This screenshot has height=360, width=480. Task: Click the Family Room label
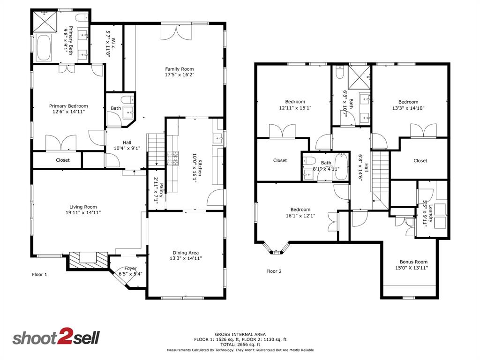tap(179, 69)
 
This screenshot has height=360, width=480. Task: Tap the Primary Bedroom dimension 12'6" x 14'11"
tap(68, 112)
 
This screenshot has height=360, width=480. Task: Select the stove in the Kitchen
tap(174, 158)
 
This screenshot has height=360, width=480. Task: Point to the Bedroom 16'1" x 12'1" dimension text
tap(300, 216)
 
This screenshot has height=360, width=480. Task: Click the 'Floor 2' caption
tap(274, 271)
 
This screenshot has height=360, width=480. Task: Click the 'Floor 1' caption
tap(39, 274)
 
